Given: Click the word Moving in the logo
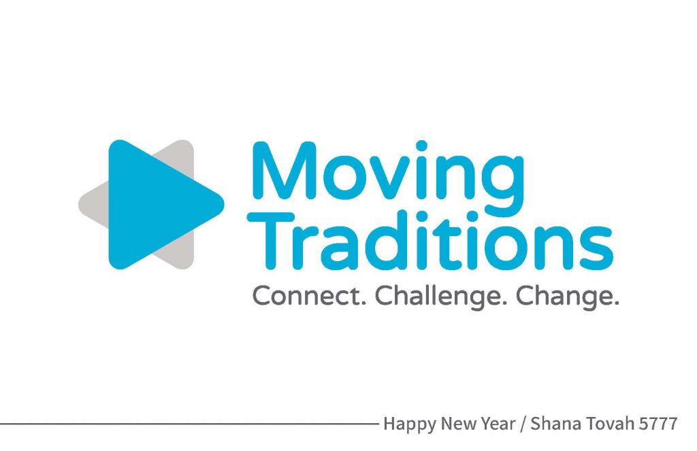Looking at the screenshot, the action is [x=389, y=178].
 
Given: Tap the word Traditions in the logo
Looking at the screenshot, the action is [x=430, y=240].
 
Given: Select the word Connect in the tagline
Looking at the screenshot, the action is [x=309, y=296].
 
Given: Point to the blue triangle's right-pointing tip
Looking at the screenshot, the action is [x=223, y=204].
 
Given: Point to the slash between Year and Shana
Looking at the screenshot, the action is [x=522, y=424].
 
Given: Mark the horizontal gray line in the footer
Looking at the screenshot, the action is [x=189, y=424].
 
